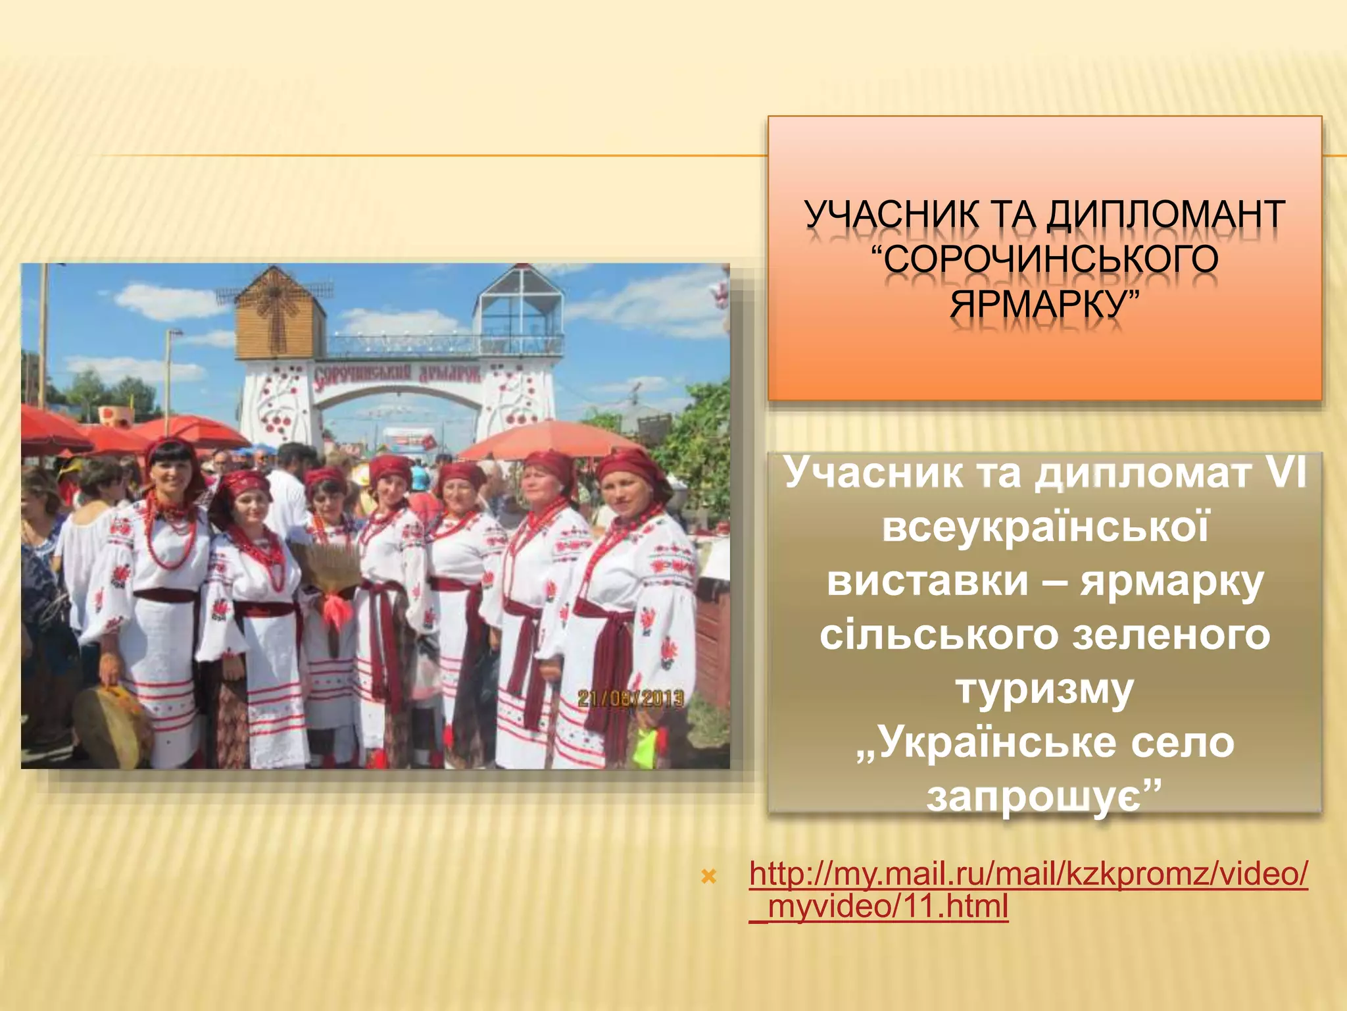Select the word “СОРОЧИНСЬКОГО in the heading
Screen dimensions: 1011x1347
click(1044, 259)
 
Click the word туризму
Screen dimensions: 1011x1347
click(1044, 689)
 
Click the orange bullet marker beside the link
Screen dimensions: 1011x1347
click(708, 877)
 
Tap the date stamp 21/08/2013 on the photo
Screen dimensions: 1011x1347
click(630, 698)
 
